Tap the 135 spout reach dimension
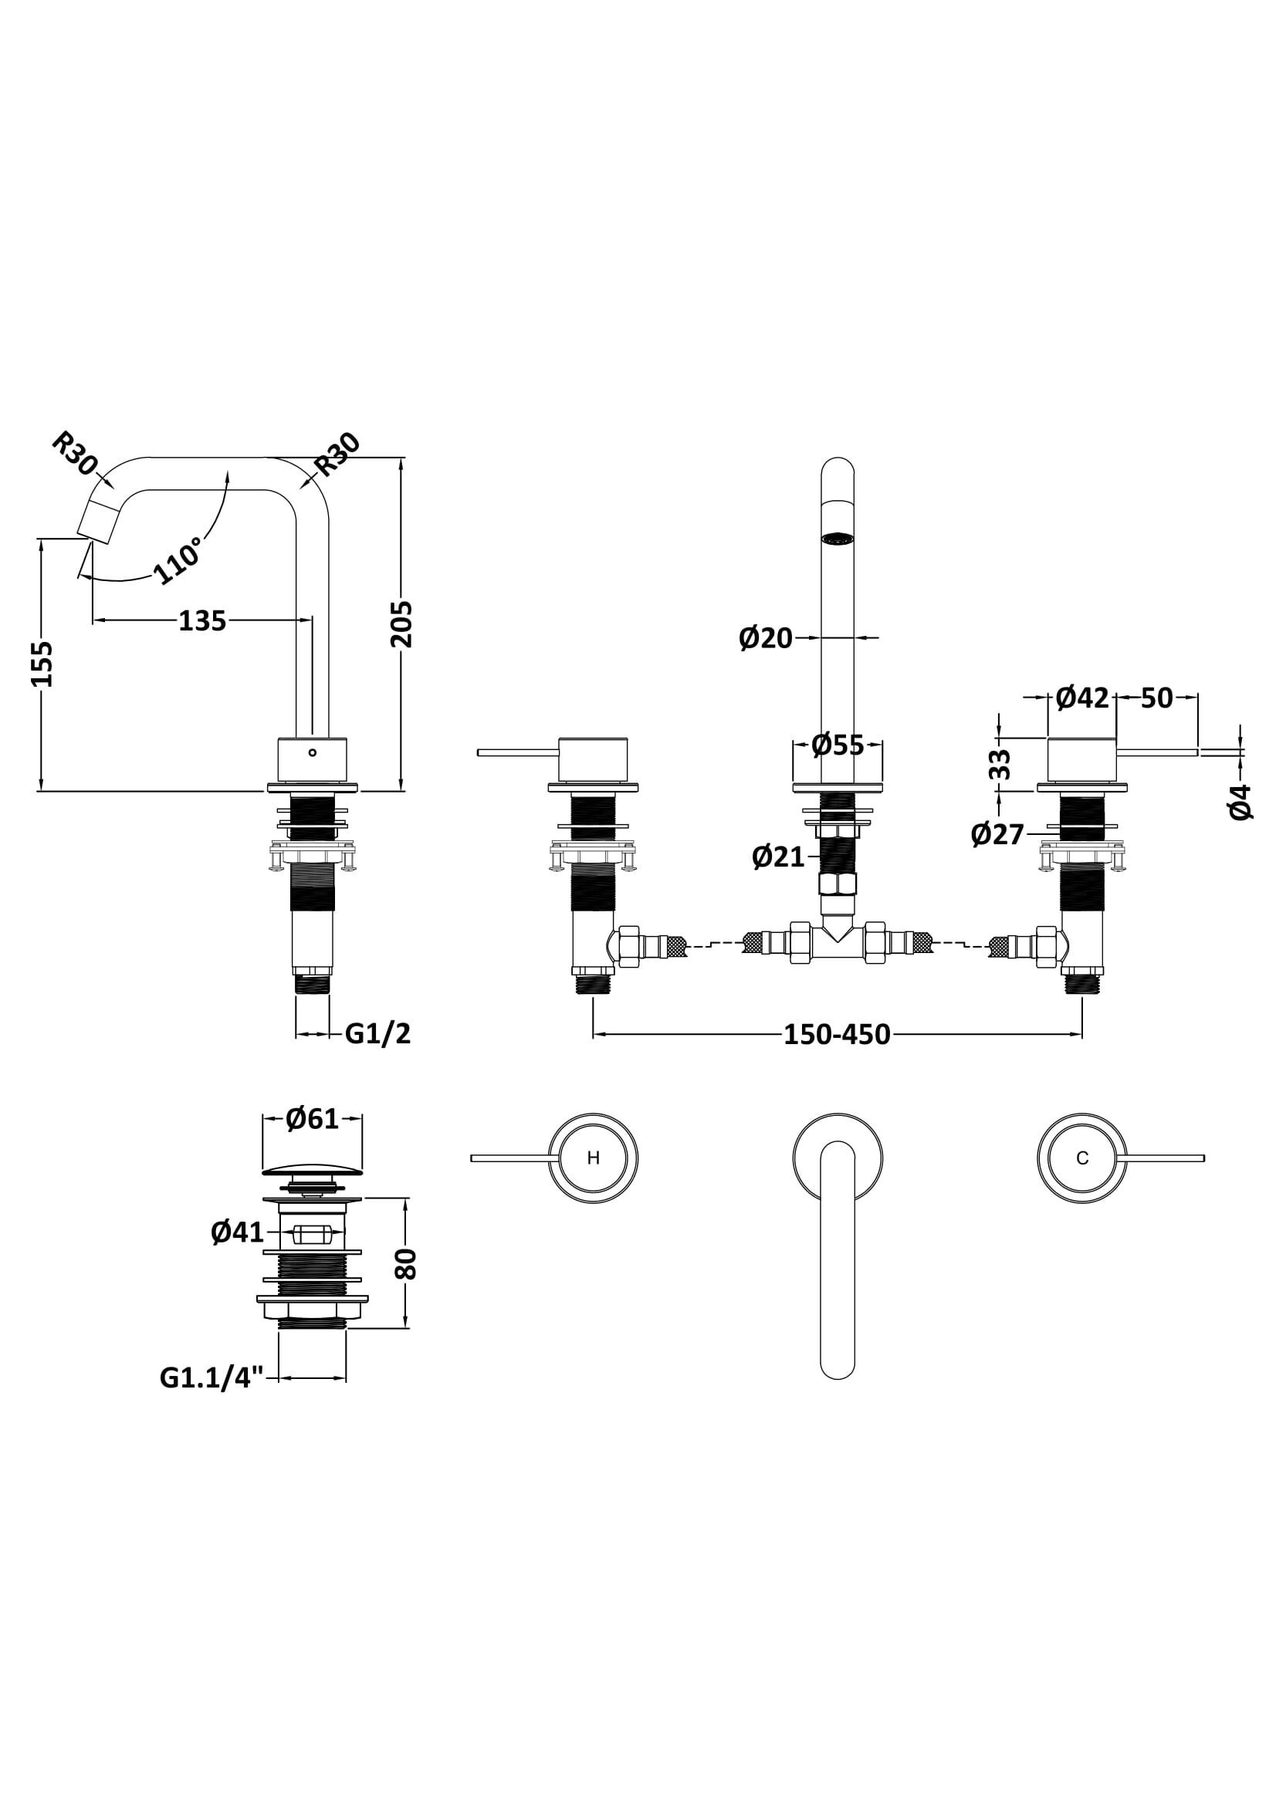tap(202, 621)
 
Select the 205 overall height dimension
tap(401, 624)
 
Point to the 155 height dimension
tap(42, 664)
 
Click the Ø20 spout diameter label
tap(766, 637)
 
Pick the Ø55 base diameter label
tap(838, 745)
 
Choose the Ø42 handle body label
tap(1081, 697)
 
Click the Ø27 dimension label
tap(997, 834)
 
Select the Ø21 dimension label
tap(778, 856)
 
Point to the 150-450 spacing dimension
tap(837, 1035)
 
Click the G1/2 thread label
tap(377, 1033)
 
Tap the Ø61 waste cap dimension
tap(312, 1118)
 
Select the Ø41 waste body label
tap(238, 1232)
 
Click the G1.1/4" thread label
tap(218, 1378)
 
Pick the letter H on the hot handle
tap(594, 1158)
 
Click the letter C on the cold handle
tap(1081, 1158)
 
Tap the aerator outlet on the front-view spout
tap(837, 539)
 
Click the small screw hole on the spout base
tap(312, 752)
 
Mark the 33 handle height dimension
tap(999, 764)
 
